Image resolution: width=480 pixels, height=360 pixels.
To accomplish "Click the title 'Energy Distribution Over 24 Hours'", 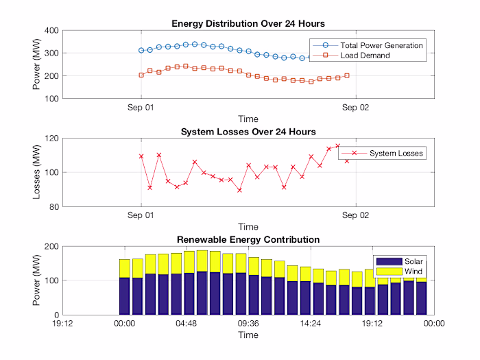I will [x=248, y=24].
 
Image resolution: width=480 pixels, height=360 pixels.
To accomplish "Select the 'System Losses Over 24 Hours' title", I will [x=248, y=132].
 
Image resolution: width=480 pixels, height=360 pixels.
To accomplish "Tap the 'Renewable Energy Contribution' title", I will [x=248, y=239].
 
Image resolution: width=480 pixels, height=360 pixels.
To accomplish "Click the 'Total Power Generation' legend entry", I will [x=381, y=45].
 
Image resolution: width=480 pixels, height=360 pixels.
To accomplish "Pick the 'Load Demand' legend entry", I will [x=365, y=55].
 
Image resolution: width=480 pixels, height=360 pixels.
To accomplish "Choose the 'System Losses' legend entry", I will [x=396, y=153].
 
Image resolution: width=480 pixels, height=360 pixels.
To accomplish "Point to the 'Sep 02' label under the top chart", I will [x=355, y=108].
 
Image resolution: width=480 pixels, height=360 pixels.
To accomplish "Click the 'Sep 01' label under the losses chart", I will [x=141, y=215].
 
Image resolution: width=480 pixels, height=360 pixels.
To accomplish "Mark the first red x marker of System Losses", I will [x=141, y=156].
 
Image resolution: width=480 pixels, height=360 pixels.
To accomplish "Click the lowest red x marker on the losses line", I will [x=239, y=190].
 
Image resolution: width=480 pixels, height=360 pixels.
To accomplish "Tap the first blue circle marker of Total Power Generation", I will [x=141, y=50].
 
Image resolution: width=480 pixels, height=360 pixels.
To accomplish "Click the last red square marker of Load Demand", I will [x=347, y=75].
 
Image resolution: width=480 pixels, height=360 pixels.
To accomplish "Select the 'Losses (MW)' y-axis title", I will [x=37, y=172].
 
